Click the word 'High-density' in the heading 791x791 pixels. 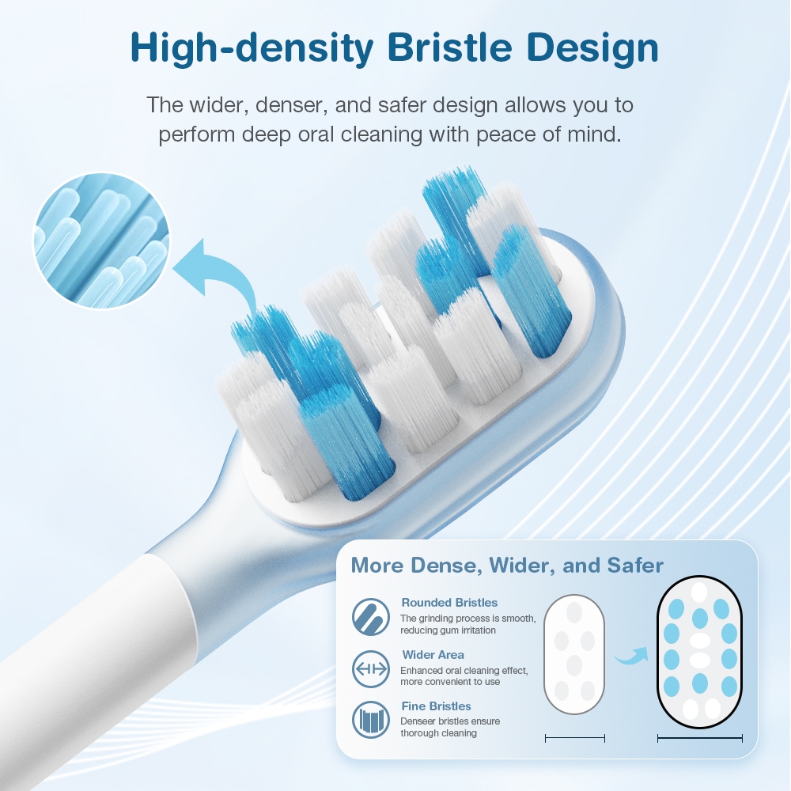click(x=252, y=49)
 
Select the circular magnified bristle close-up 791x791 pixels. click(x=101, y=240)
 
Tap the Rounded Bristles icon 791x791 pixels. click(x=371, y=616)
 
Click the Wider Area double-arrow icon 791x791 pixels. click(x=371, y=669)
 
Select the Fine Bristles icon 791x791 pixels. click(x=371, y=720)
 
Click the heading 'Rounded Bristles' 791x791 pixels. click(x=449, y=602)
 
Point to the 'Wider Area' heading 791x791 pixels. click(x=433, y=655)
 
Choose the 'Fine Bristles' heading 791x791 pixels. click(x=437, y=706)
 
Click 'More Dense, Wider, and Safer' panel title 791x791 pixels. click(x=507, y=566)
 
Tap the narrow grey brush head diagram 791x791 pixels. click(x=574, y=655)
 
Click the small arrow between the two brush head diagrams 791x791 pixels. click(x=632, y=655)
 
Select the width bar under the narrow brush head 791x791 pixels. click(x=575, y=739)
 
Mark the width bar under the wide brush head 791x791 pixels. click(x=700, y=739)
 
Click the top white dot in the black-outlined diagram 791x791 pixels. click(x=699, y=592)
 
